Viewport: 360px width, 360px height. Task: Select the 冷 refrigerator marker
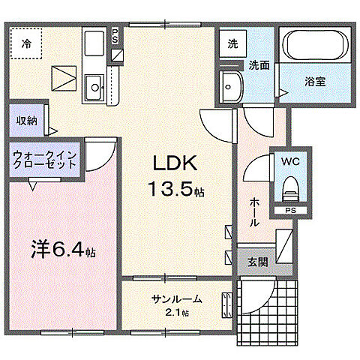point(27,43)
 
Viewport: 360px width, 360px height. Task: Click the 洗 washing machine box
point(233,43)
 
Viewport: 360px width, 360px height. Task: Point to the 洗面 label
point(259,64)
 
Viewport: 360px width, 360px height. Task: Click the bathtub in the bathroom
point(314,48)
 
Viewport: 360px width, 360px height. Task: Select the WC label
point(289,160)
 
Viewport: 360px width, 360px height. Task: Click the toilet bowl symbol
point(289,187)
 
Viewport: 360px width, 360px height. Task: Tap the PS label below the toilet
point(289,211)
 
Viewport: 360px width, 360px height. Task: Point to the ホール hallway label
point(255,212)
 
